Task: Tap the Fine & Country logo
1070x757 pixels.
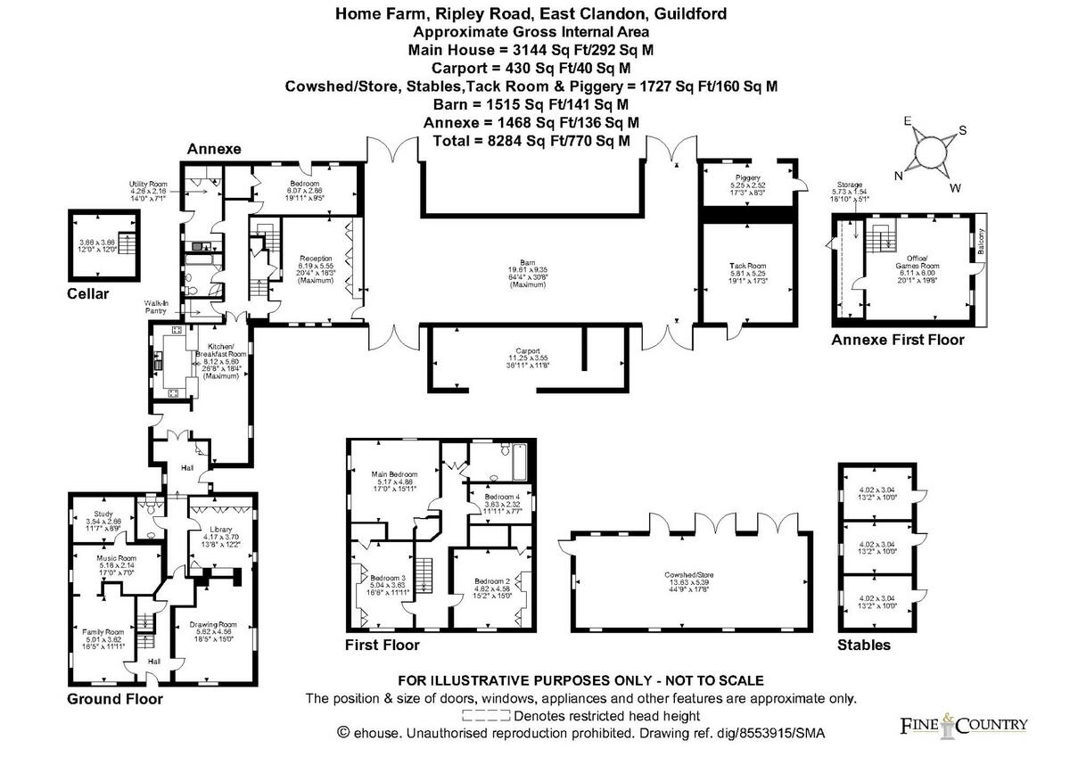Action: click(962, 724)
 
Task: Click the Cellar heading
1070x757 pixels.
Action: click(87, 293)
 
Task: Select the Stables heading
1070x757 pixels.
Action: click(863, 645)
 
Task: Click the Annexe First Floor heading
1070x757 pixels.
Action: click(897, 340)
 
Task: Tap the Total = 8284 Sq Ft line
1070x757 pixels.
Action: click(531, 141)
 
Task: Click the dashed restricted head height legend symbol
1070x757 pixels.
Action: click(486, 715)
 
